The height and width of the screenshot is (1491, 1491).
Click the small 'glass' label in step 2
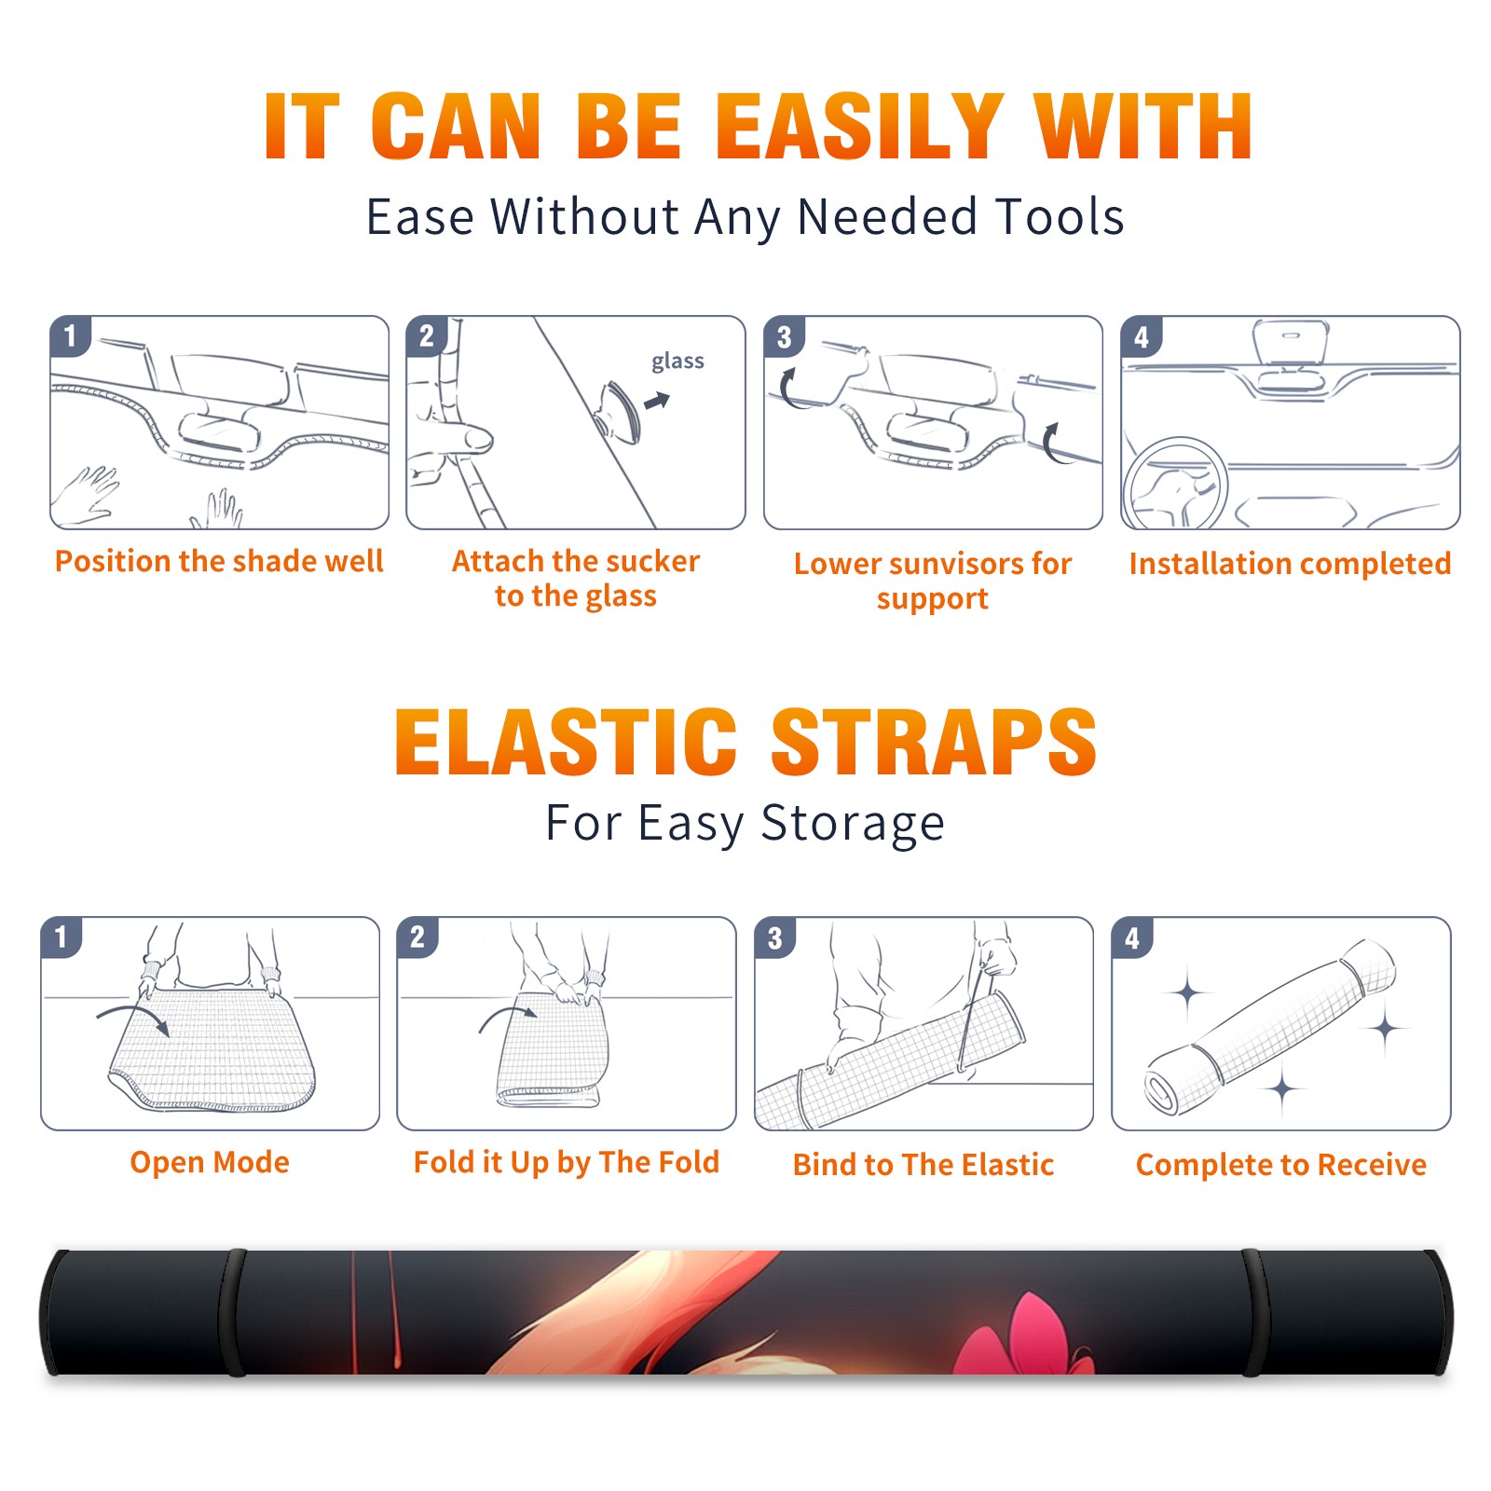pyautogui.click(x=677, y=362)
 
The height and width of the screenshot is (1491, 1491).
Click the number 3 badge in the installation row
pyautogui.click(x=784, y=336)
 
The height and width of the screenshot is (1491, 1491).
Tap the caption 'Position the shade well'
pyautogui.click(x=219, y=561)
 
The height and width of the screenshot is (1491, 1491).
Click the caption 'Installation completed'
pyautogui.click(x=1290, y=564)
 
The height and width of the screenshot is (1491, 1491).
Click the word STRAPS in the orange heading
pyautogui.click(x=934, y=742)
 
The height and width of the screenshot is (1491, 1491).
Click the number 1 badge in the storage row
pyautogui.click(x=62, y=937)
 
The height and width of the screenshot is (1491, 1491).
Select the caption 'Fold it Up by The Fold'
pyautogui.click(x=567, y=1163)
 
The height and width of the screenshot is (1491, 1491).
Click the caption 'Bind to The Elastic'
pyautogui.click(x=923, y=1165)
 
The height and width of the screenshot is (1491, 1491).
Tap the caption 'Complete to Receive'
pyautogui.click(x=1281, y=1165)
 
